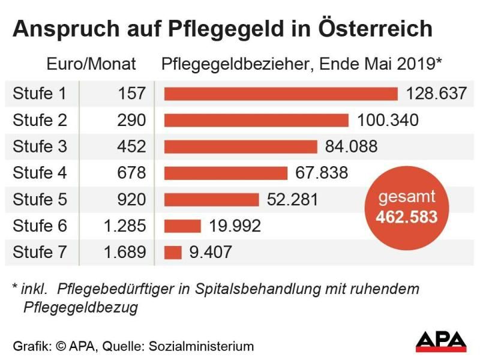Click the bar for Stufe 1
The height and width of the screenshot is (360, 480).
pyautogui.click(x=281, y=94)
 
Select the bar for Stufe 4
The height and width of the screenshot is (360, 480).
pyautogui.click(x=226, y=173)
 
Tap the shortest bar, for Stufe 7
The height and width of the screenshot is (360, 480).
pyautogui.click(x=173, y=252)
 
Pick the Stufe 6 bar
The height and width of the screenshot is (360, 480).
pyautogui.click(x=182, y=226)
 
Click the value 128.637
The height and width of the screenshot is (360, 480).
pyautogui.click(x=436, y=94)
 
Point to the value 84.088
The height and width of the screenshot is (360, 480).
pyautogui.click(x=351, y=146)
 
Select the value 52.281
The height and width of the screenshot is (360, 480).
pyautogui.click(x=292, y=199)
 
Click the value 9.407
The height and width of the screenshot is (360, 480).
pyautogui.click(x=211, y=252)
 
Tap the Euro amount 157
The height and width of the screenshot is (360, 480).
pyautogui.click(x=132, y=94)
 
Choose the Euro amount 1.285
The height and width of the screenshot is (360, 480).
pyautogui.click(x=124, y=226)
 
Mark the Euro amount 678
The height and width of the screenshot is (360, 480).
pyautogui.click(x=132, y=173)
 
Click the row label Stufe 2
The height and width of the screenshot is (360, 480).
pyautogui.click(x=40, y=120)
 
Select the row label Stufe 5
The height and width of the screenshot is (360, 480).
pyautogui.click(x=40, y=199)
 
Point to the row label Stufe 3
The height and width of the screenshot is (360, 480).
pyautogui.click(x=40, y=146)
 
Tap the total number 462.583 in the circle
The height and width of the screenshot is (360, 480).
pyautogui.click(x=407, y=216)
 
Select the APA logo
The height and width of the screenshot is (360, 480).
pyautogui.click(x=441, y=341)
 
